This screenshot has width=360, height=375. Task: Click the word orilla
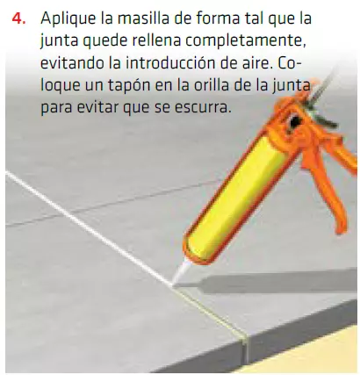click(211, 89)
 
